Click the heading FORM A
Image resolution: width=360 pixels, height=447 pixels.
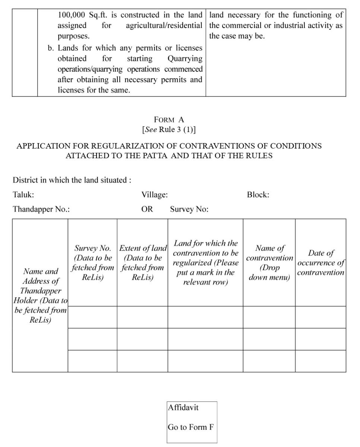click(169, 120)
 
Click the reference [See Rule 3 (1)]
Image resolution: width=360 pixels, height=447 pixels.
click(169, 130)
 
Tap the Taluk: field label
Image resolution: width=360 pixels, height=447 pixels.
click(23, 194)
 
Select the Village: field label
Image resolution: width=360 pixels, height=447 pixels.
click(154, 194)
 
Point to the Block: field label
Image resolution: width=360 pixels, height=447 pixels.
click(258, 194)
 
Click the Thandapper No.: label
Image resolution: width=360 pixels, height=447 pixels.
click(41, 209)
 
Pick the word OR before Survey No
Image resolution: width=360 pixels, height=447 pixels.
click(147, 209)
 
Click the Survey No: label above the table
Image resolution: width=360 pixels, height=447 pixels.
click(189, 209)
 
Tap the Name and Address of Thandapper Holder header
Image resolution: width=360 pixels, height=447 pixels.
click(40, 295)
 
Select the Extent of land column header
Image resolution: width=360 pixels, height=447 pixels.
click(142, 263)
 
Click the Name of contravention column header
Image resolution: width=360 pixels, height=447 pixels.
click(269, 263)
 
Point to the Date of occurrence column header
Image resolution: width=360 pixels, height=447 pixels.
click(321, 263)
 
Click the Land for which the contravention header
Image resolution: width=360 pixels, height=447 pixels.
click(205, 263)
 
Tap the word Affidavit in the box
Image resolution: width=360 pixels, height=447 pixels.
click(183, 407)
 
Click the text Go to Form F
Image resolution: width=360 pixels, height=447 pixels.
click(190, 427)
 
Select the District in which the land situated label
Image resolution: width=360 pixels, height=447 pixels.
click(72, 180)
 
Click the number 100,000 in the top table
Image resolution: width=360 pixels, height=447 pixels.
click(71, 15)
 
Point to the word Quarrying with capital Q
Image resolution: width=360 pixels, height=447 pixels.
click(185, 58)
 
